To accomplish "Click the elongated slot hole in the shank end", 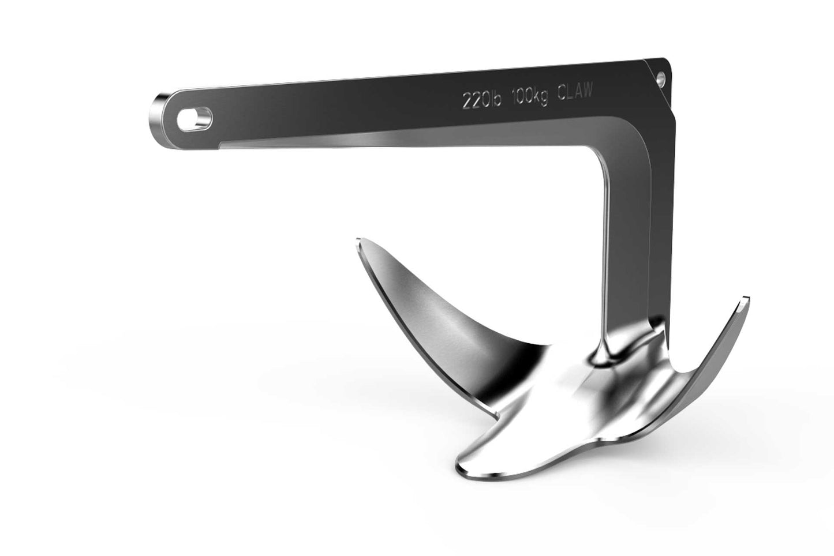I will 195,119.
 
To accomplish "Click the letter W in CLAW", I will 587,91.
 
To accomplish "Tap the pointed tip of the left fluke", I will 360,240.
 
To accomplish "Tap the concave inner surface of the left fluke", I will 439,323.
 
